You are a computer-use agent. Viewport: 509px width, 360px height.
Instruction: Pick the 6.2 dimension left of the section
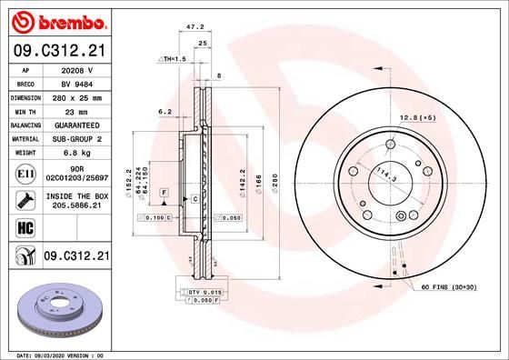pyautogui.click(x=165, y=111)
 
